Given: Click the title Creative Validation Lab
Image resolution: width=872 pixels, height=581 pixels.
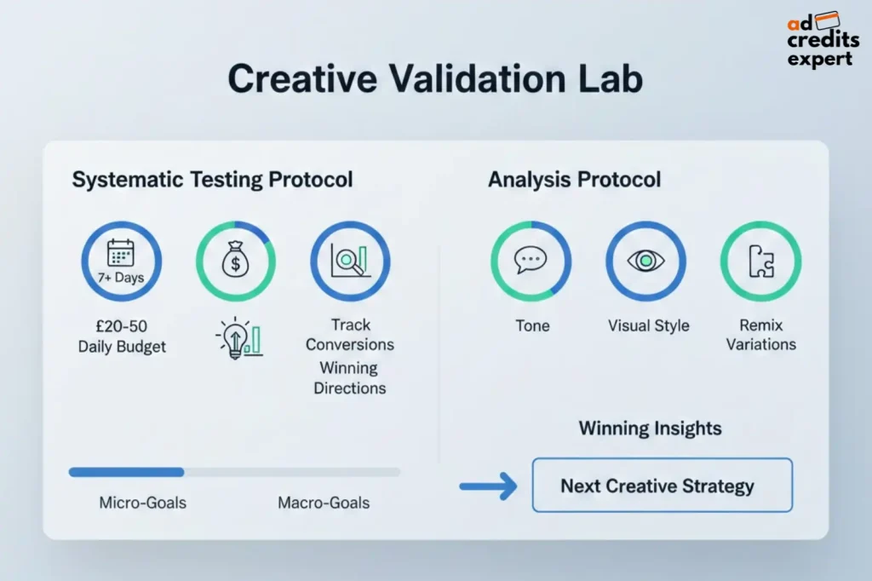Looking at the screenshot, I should [x=435, y=78].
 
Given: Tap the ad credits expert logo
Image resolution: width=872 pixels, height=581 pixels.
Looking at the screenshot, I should [x=823, y=40].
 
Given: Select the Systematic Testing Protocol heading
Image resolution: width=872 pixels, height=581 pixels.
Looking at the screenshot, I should [x=212, y=180].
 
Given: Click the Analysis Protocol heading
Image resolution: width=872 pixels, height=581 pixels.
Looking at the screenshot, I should [x=574, y=180].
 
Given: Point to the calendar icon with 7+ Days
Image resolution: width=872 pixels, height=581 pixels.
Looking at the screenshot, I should [x=122, y=262].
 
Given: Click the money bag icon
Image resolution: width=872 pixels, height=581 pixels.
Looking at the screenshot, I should [x=236, y=262].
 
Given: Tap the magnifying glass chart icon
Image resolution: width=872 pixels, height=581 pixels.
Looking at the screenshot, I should [x=350, y=262].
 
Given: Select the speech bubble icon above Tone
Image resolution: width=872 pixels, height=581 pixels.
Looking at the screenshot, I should [x=531, y=262].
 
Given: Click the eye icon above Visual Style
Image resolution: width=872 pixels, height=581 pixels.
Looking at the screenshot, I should [x=645, y=262].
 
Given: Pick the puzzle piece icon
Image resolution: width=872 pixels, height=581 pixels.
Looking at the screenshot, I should [x=760, y=262].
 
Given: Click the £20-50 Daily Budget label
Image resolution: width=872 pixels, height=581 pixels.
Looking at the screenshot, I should [x=122, y=336].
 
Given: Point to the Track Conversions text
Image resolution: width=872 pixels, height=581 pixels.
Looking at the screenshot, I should [x=350, y=335].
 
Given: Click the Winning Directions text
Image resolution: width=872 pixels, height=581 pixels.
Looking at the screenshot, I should [x=350, y=378].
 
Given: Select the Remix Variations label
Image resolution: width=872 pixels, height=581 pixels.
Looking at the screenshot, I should [x=760, y=335].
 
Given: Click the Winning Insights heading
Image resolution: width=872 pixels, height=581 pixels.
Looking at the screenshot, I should [x=650, y=428].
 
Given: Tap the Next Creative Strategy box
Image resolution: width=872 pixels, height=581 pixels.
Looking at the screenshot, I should [x=662, y=486].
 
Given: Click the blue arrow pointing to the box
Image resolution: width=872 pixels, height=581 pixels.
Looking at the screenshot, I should [x=488, y=486].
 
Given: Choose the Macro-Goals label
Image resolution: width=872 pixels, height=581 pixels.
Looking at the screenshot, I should [x=324, y=503].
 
